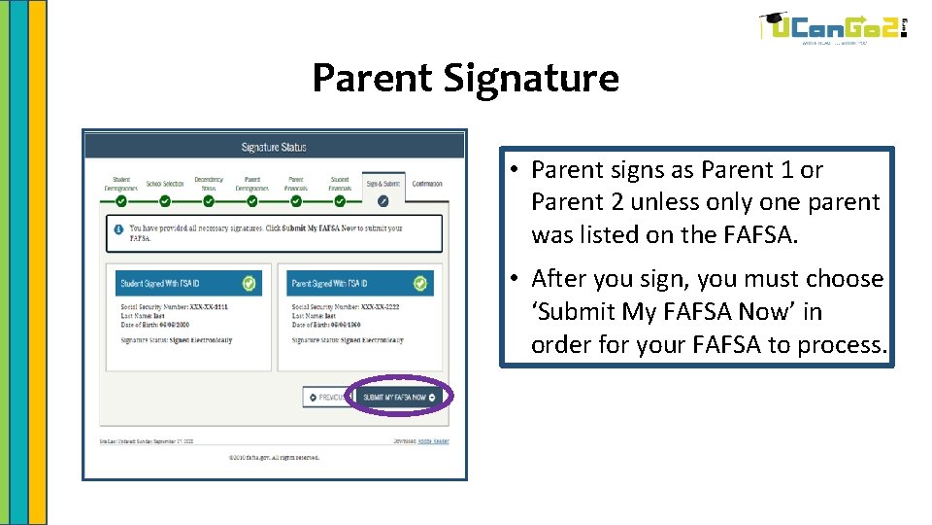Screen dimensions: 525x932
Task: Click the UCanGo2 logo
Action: pyautogui.click(x=832, y=28)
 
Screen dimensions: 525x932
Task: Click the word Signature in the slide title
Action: pyautogui.click(x=532, y=78)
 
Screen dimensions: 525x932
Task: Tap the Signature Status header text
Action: pyautogui.click(x=274, y=148)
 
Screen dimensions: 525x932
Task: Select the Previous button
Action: pyautogui.click(x=327, y=398)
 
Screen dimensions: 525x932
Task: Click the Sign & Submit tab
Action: pyautogui.click(x=383, y=184)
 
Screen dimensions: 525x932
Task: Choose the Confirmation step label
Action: pyautogui.click(x=427, y=184)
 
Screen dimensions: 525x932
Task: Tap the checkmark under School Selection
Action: pyautogui.click(x=165, y=201)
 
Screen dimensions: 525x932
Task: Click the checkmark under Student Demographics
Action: pyautogui.click(x=120, y=201)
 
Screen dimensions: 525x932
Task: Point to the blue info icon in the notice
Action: pyautogui.click(x=118, y=230)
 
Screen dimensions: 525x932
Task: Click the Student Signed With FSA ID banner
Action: pyautogui.click(x=174, y=284)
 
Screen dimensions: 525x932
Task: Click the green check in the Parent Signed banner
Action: pyautogui.click(x=419, y=284)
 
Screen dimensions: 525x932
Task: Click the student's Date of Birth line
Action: pyautogui.click(x=165, y=324)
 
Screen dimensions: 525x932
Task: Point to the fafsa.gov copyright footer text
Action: pyautogui.click(x=274, y=457)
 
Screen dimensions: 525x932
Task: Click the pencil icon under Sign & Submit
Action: pyautogui.click(x=383, y=201)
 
